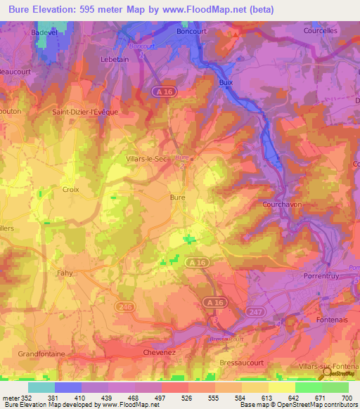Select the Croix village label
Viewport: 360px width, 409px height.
pos(71,189)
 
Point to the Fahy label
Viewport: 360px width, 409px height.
pos(65,273)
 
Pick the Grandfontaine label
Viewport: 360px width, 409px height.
pos(41,353)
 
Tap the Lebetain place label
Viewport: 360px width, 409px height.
pos(115,60)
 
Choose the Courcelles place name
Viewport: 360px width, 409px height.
pos(321,31)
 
